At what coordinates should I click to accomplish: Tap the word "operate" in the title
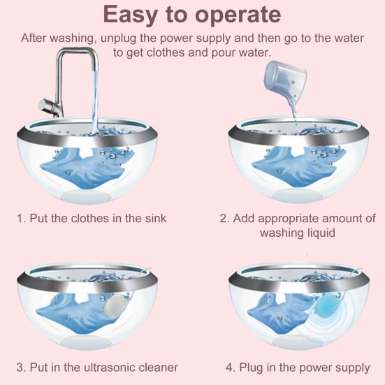(x=238, y=16)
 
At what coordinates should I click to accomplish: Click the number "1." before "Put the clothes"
(x=22, y=218)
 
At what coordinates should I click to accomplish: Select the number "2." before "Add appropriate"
(x=225, y=218)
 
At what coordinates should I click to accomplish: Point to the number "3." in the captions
(x=22, y=368)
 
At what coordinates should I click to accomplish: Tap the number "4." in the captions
(x=231, y=368)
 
